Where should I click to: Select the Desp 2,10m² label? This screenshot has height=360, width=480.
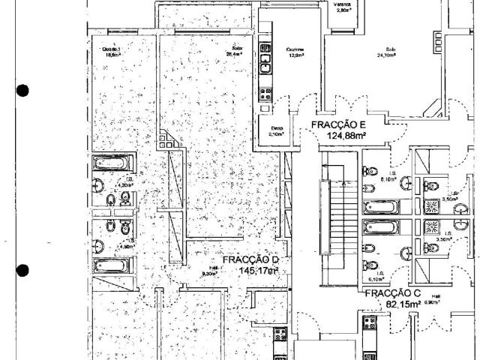(x=276, y=132)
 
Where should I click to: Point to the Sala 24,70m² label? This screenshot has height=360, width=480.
(x=385, y=53)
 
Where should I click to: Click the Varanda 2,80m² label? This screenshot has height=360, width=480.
(x=343, y=7)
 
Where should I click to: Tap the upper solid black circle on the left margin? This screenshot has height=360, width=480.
(x=22, y=91)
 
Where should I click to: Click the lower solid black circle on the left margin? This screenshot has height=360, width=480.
(x=22, y=271)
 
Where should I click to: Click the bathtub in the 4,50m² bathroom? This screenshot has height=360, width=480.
(x=113, y=265)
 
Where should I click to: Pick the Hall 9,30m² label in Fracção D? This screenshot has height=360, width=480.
(x=209, y=272)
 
